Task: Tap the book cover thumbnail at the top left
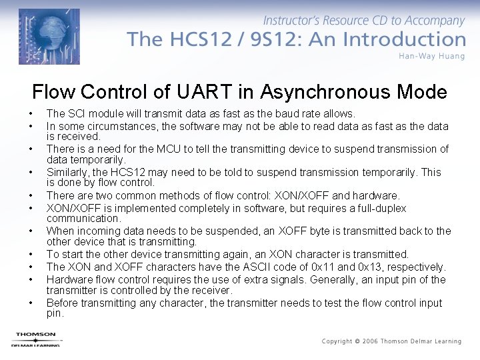49,37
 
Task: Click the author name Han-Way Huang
432,56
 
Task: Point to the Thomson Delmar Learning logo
36,339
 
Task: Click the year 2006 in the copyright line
370,341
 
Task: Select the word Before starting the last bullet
63,303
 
